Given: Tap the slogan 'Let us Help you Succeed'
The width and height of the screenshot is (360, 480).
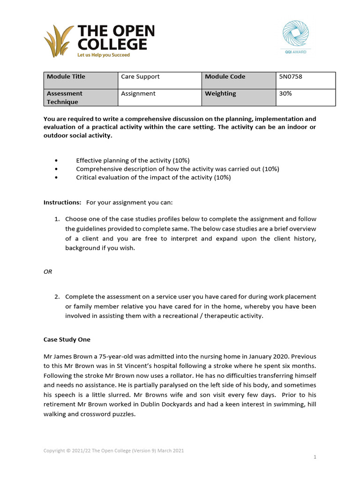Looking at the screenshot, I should pos(103,55).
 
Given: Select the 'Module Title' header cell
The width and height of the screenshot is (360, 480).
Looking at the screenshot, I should pos(80,80).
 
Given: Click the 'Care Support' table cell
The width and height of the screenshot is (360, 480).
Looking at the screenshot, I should pos(159,80).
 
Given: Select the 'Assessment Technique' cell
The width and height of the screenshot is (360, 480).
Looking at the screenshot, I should pos(80,97).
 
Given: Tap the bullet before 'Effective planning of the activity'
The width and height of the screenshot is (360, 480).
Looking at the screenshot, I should pos(57,160).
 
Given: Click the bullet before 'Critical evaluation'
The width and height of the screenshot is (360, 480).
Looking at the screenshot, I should pos(57,178).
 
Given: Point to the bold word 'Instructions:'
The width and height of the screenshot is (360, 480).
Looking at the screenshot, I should pos(62,202).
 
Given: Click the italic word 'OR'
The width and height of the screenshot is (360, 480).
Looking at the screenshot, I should pos(48,272).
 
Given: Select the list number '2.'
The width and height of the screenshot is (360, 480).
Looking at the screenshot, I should pos(57,297).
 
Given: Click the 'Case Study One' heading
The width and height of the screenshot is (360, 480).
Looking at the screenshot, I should pos(67,339).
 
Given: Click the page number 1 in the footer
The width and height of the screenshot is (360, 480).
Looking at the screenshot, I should pos(315,457).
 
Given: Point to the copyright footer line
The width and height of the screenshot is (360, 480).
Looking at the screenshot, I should pos(113,450).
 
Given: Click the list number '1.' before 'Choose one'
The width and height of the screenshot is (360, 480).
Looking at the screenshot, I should pos(57,219).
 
